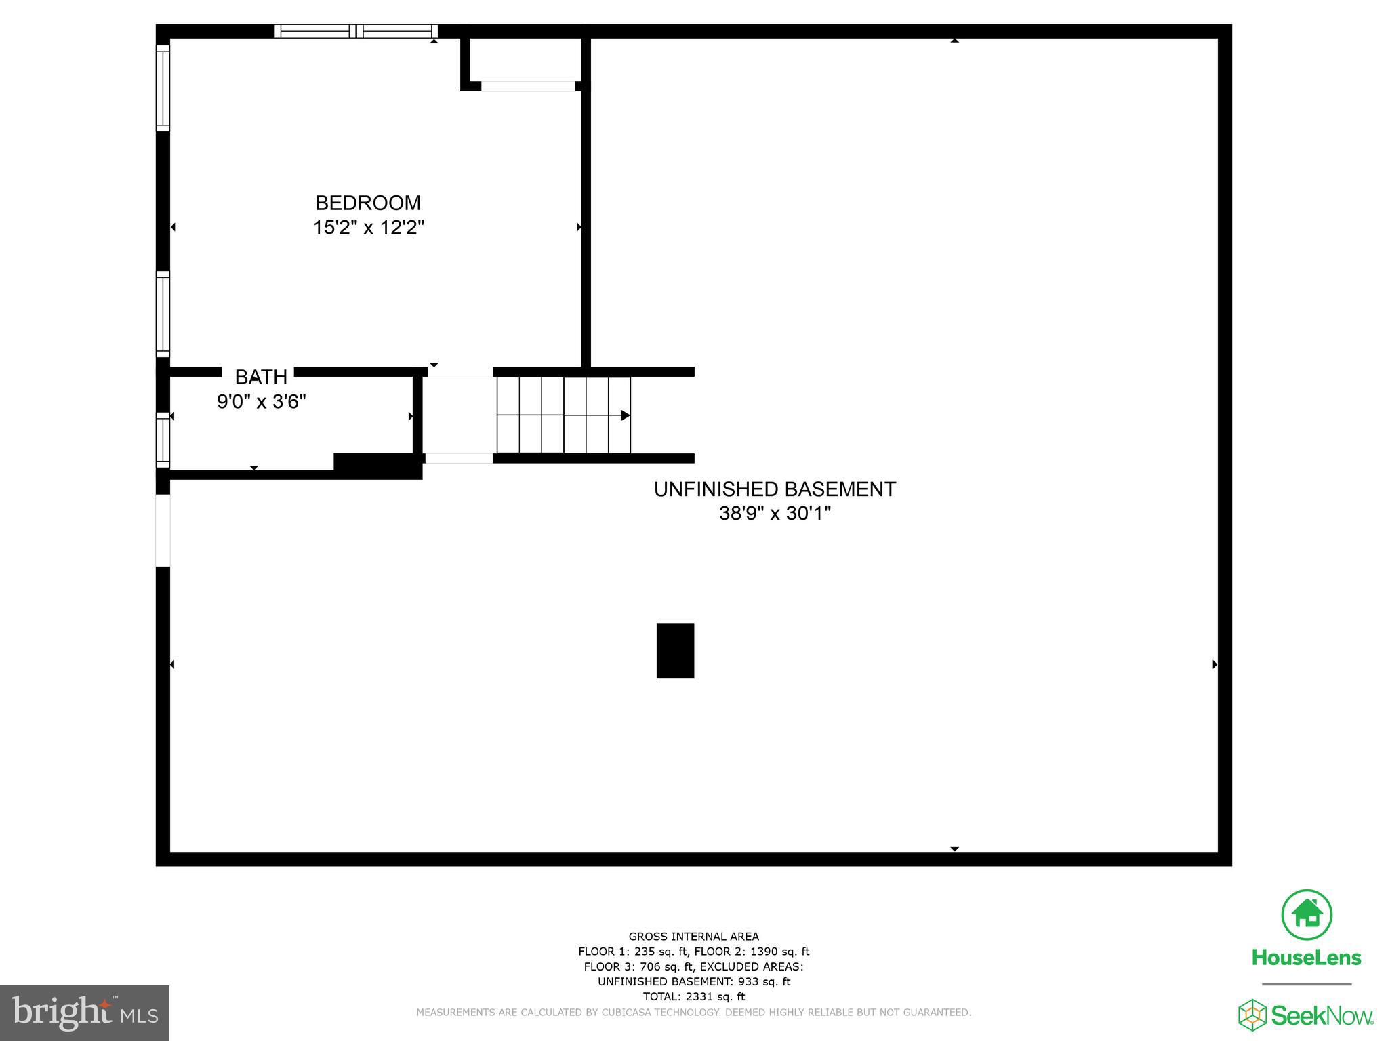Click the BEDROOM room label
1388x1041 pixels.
click(x=368, y=203)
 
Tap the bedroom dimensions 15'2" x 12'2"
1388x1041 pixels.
click(x=368, y=228)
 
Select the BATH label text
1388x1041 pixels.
click(x=261, y=377)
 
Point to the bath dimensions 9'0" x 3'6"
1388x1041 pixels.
click(x=261, y=402)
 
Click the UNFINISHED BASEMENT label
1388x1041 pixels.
click(x=775, y=489)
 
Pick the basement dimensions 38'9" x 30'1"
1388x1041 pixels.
click(x=775, y=514)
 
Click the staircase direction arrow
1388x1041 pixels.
click(x=624, y=415)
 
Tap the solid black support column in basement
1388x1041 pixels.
click(x=675, y=651)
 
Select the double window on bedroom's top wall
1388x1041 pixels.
click(x=356, y=31)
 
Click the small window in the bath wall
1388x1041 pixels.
click(x=163, y=440)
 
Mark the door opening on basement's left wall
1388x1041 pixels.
click(x=163, y=531)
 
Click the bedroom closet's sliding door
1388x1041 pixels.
click(x=528, y=86)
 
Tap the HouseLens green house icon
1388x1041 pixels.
click(x=1306, y=914)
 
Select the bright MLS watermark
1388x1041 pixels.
click(x=85, y=1013)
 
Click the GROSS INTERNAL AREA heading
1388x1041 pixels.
click(x=693, y=937)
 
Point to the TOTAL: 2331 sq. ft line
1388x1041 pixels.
click(x=693, y=996)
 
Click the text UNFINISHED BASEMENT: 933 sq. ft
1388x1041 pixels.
click(x=693, y=981)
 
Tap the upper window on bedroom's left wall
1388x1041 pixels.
click(x=163, y=87)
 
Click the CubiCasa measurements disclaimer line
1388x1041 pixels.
click(x=693, y=1013)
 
